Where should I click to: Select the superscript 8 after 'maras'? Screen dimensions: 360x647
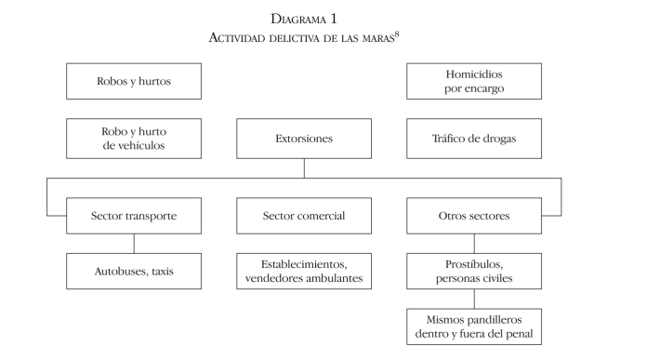397,33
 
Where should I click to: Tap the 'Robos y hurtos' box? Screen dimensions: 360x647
134,81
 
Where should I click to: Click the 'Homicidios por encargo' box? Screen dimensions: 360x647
474,81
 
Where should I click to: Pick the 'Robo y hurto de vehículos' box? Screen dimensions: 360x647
134,139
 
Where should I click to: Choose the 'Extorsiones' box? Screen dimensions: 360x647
304,139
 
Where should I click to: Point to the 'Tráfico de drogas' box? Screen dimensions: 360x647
474,139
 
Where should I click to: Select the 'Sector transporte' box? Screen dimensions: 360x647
134,216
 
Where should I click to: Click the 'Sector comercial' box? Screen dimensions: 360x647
304,216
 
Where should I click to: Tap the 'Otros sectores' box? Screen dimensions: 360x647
474,216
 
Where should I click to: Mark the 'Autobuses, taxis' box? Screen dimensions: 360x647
134,271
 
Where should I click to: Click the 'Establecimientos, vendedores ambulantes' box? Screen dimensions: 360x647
304,271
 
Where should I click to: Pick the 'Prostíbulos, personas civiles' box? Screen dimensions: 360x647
474,271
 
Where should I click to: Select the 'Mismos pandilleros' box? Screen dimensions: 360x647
474,326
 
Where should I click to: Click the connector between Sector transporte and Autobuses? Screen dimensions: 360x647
134,244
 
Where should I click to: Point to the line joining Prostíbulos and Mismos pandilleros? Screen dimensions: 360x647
474,299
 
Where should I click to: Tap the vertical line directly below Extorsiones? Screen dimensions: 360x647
304,167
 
